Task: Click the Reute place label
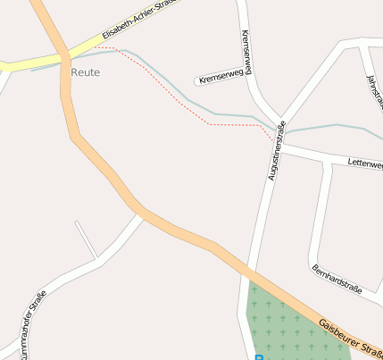point(85,71)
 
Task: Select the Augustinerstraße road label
point(275,150)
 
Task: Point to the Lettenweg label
point(364,163)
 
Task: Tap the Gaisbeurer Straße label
point(350,336)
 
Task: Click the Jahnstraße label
point(373,89)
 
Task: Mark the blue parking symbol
point(260,357)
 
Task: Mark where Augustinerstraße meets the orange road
point(248,273)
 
